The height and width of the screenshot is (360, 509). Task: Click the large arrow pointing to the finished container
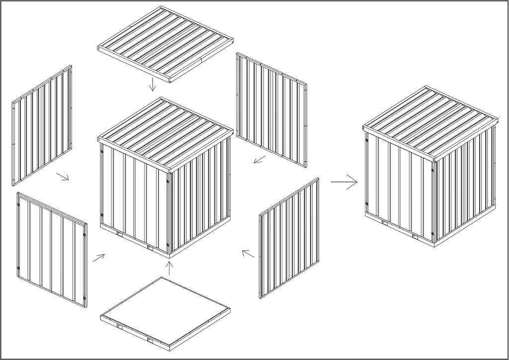pos(344,182)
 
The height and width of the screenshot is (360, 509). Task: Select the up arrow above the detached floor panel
pos(169,268)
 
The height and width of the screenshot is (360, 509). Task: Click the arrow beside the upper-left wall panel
pos(63,177)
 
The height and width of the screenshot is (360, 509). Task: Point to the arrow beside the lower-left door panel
pos(99,257)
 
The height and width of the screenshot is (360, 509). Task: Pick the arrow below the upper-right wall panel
pos(259,160)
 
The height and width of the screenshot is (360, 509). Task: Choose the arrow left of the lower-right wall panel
pos(248,254)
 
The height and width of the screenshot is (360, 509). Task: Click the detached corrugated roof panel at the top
pos(166,44)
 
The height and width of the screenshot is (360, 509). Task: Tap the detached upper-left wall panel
pos(42,125)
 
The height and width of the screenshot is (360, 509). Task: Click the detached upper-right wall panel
pos(271,108)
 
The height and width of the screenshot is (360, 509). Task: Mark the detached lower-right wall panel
pos(289,238)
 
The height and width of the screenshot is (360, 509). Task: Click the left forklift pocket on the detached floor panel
pos(120,326)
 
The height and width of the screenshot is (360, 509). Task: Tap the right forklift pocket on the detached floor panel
pos(150,340)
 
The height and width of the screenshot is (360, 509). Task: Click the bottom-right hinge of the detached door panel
pos(85,298)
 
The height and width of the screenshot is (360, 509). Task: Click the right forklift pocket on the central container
pos(150,247)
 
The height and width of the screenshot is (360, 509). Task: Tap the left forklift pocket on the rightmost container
pos(384,221)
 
